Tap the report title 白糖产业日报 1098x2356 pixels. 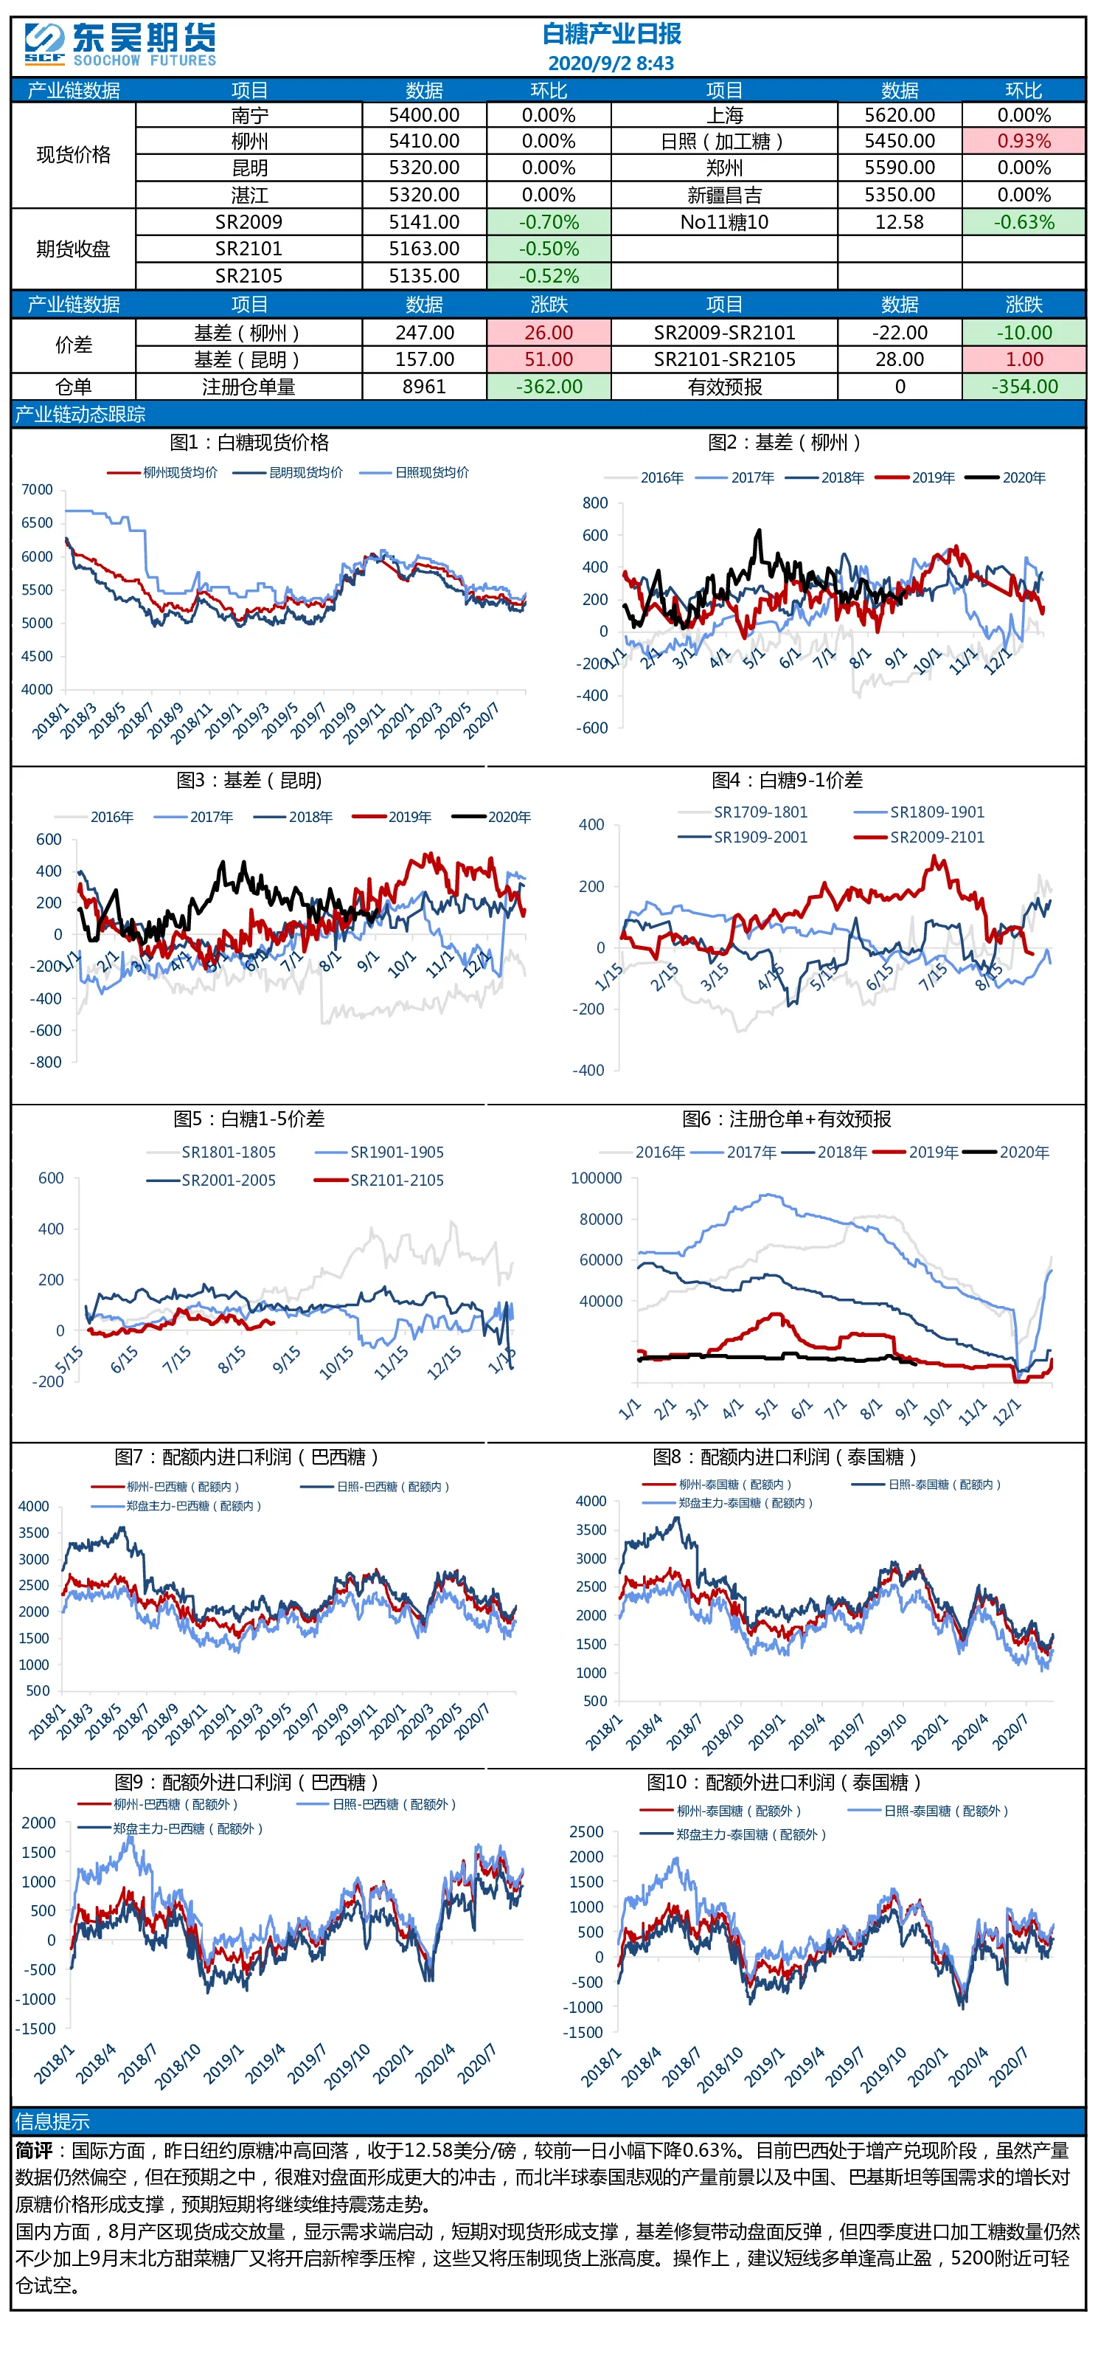pos(611,34)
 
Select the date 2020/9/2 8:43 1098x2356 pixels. pos(611,63)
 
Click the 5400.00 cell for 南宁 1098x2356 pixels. pos(424,115)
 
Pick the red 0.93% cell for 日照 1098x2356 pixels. pos(1024,141)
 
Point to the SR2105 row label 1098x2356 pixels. pos(249,276)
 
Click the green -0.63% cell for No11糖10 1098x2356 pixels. pos(1024,222)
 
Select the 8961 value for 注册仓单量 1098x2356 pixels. pos(424,387)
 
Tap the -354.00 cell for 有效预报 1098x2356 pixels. pos(1024,387)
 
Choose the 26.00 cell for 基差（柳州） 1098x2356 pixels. pos(549,333)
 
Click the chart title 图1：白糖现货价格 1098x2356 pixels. pos(249,443)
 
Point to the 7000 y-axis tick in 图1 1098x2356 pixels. pos(37,489)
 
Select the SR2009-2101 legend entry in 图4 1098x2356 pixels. pos(919,837)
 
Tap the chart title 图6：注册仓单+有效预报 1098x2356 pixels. pos(786,1119)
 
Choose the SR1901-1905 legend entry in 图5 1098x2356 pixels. pos(380,1153)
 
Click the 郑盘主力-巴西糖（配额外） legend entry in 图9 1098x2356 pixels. pos(171,1828)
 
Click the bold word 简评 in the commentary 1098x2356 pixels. pos(34,2150)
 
